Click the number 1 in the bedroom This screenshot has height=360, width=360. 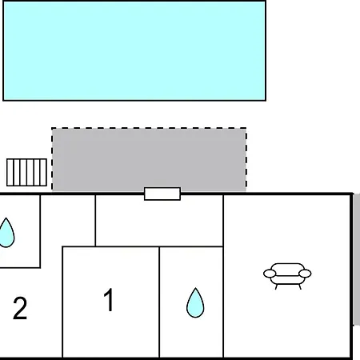[109, 300]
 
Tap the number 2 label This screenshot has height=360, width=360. [20, 308]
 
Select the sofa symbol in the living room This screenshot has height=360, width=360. [287, 276]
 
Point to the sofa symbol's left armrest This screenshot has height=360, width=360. [270, 274]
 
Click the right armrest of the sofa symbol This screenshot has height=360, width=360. [305, 274]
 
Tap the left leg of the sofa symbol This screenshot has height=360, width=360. [277, 287]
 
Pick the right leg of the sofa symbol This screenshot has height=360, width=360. [300, 287]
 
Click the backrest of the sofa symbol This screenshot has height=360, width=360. [287, 269]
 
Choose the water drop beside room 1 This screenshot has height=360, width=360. [195, 303]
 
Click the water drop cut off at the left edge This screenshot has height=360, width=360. [6, 233]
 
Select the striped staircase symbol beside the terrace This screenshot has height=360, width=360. [26, 172]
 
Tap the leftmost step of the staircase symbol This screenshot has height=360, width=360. [10, 172]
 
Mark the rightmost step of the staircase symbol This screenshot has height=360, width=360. [43, 172]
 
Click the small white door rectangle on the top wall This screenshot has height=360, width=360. [162, 194]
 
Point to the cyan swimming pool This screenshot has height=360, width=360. [134, 50]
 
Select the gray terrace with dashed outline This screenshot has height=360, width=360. [149, 159]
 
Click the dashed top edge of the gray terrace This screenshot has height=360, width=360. [149, 128]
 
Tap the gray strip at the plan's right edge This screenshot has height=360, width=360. [357, 259]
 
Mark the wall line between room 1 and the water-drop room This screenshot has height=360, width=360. [159, 302]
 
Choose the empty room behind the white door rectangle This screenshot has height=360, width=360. [159, 221]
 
